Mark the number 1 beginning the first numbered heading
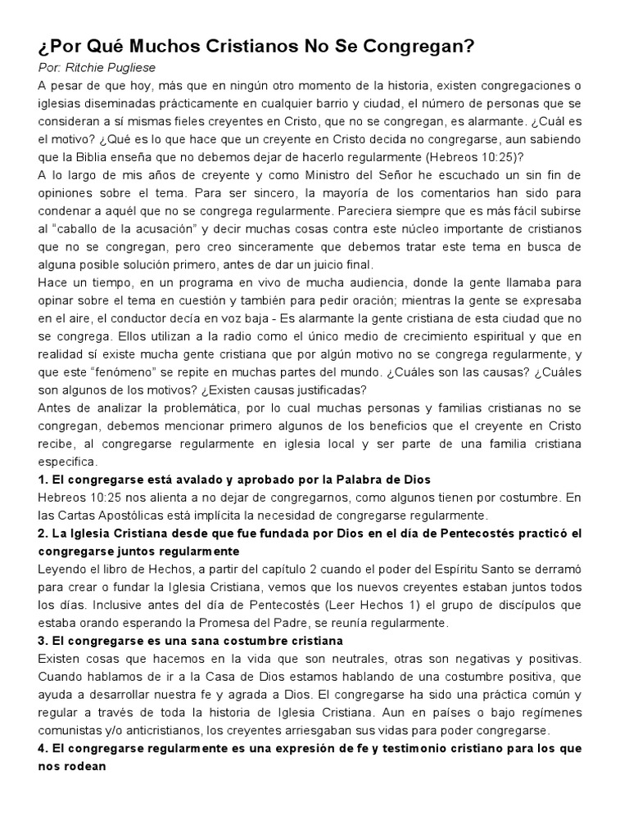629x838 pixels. [42, 479]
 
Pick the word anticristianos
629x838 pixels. [165, 730]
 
